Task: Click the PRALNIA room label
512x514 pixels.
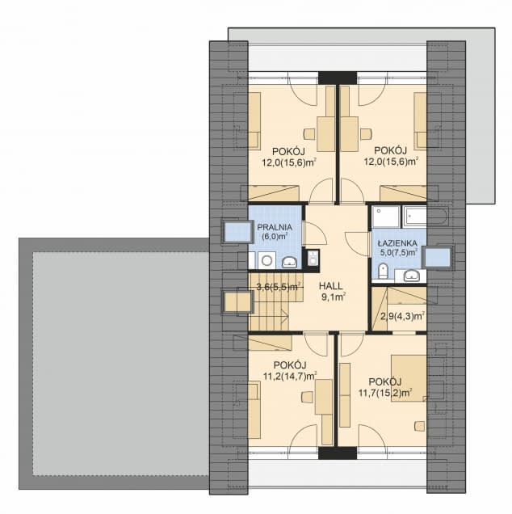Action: coord(275,227)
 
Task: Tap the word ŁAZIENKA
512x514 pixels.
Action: coord(397,243)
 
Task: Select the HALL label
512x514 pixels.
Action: coord(330,286)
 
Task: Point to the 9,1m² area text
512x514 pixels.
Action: coord(333,297)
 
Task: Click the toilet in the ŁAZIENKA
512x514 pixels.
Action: coord(382,271)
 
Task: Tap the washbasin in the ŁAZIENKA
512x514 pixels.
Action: coord(412,276)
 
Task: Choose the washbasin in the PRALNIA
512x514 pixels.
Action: coord(289,262)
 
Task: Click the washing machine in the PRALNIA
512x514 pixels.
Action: coord(266,260)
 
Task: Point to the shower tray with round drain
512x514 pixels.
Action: coord(386,217)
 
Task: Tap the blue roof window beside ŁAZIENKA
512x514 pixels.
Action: coord(438,258)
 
